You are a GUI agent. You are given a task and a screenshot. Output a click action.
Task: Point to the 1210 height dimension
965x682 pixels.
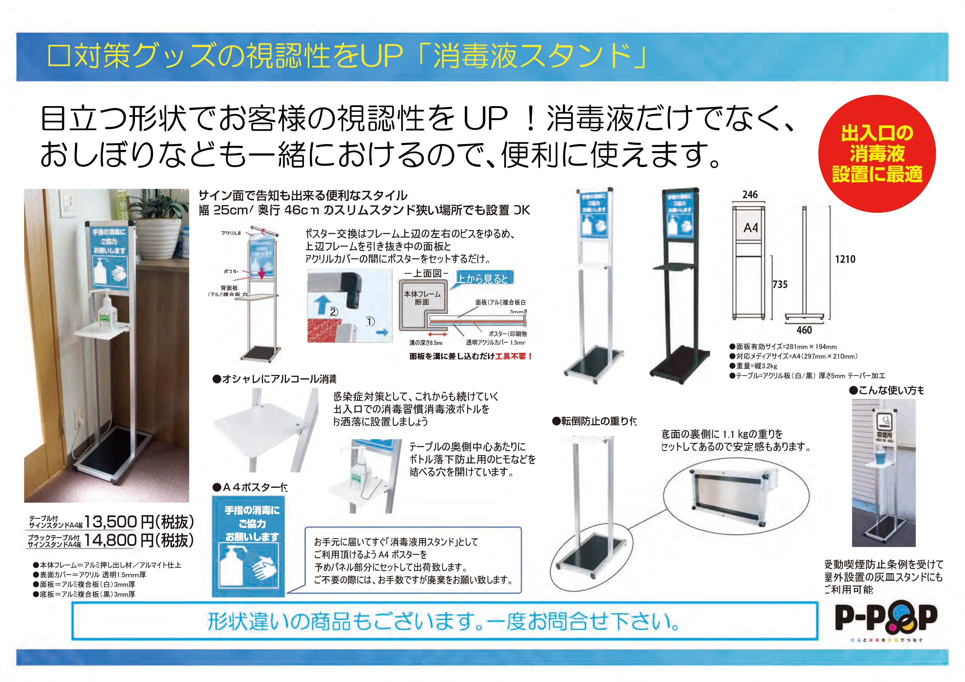point(845,259)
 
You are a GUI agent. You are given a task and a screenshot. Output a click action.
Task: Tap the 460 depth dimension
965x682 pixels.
point(804,330)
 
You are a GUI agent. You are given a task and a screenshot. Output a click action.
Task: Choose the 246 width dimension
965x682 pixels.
point(750,195)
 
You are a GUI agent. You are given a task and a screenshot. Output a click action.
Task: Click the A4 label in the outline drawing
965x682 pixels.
point(751,228)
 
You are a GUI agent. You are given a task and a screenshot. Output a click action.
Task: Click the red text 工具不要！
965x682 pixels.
point(514,356)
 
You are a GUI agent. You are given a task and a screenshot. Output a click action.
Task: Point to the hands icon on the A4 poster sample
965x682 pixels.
point(265,568)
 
